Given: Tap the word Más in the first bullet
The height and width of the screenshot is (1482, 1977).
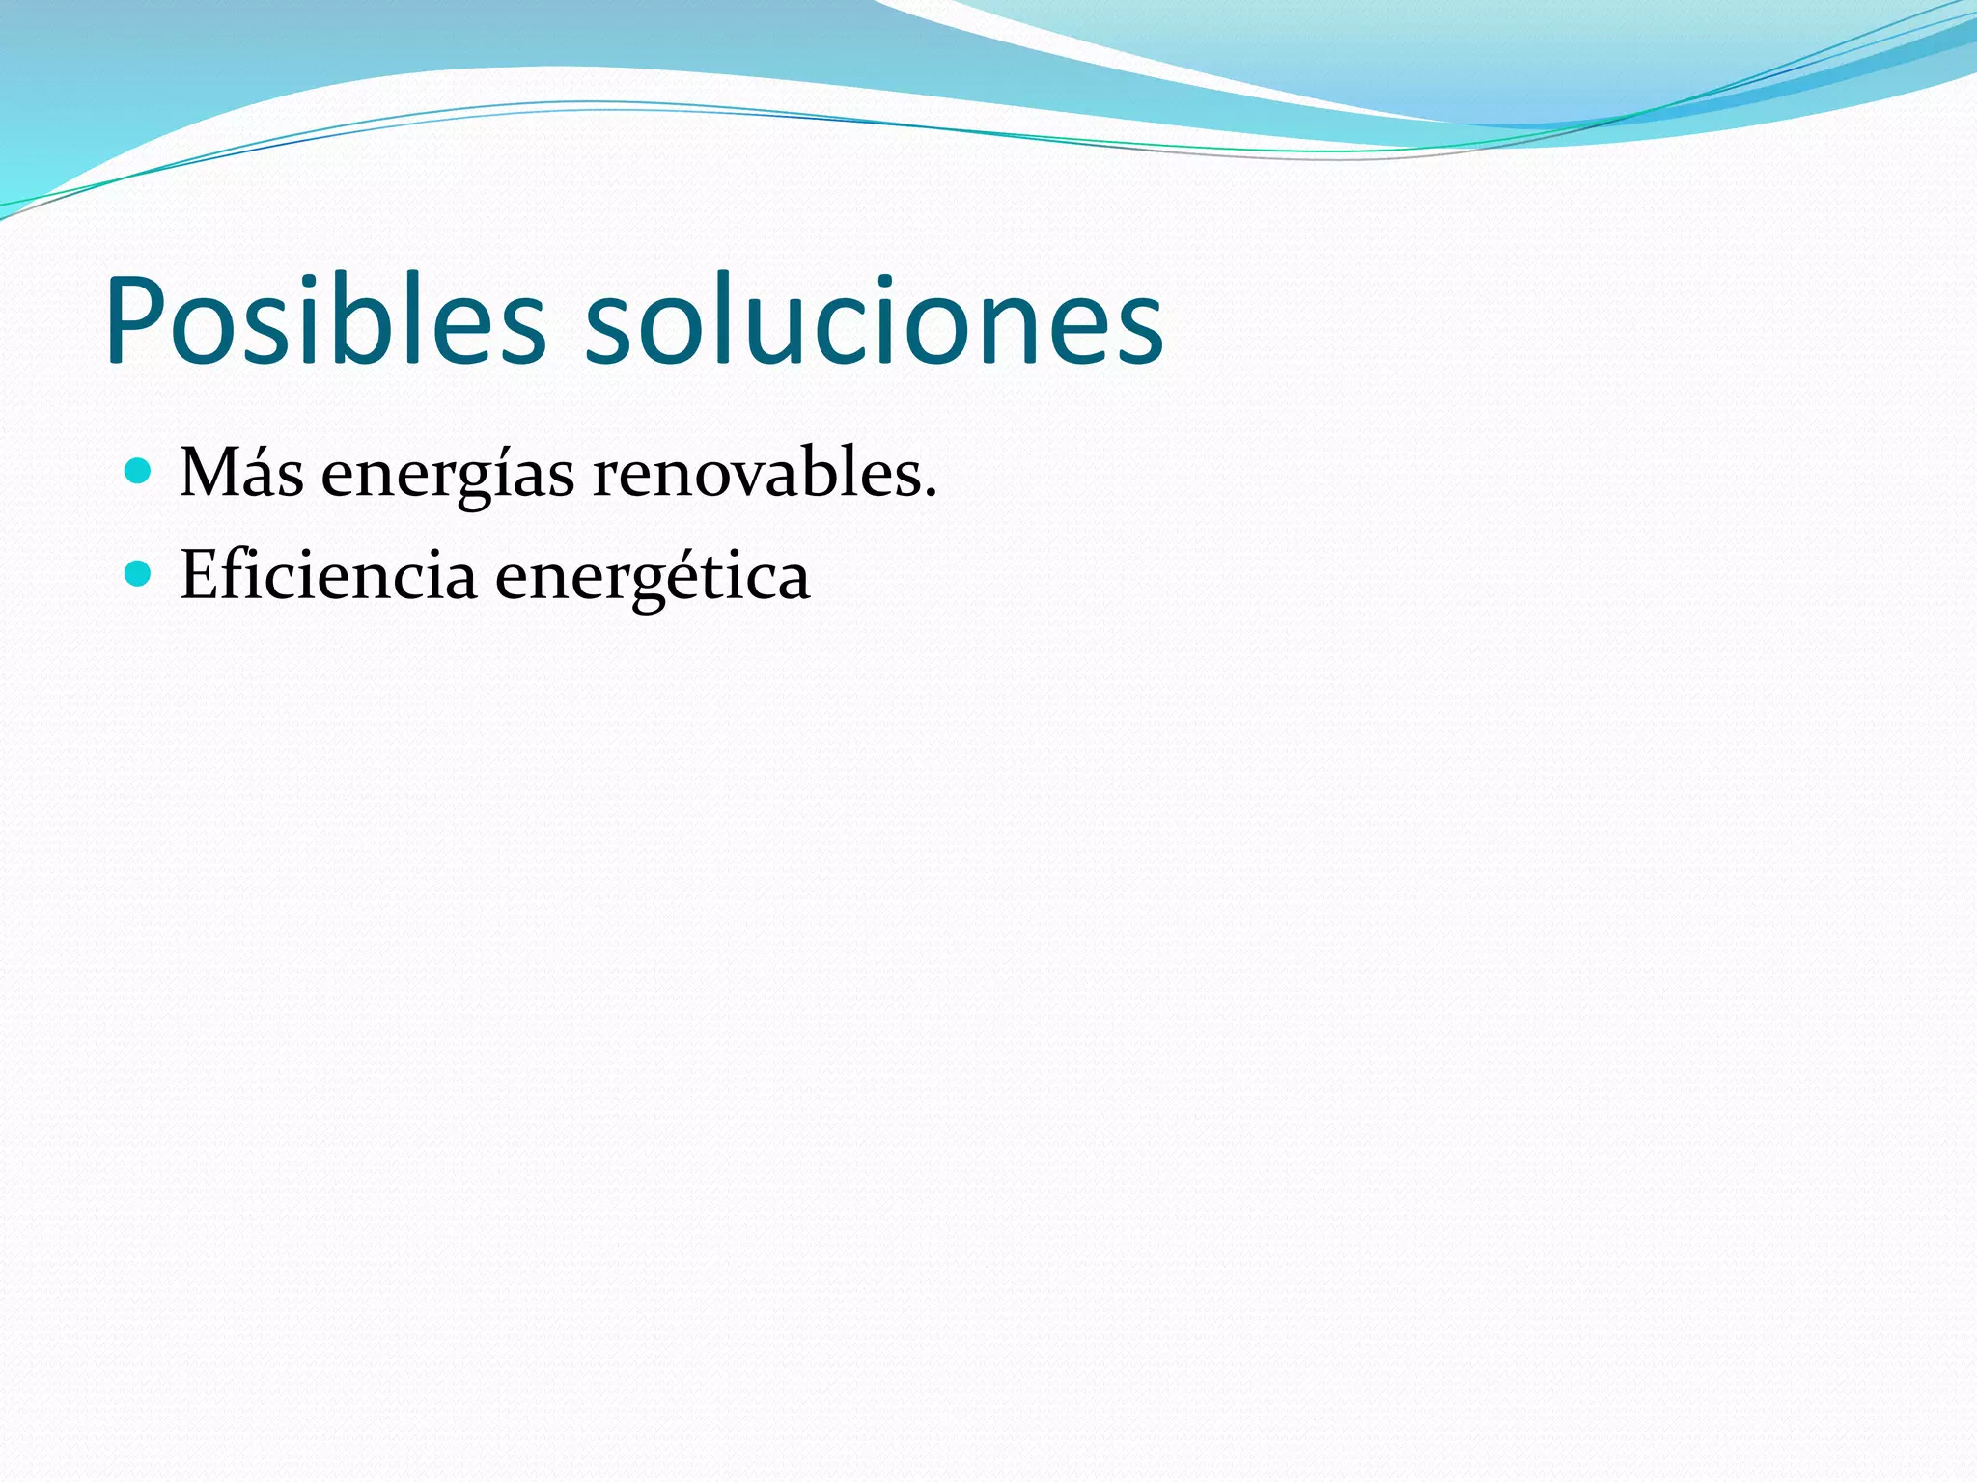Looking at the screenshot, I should tap(241, 473).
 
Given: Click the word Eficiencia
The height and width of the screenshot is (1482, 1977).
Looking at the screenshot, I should tap(328, 576).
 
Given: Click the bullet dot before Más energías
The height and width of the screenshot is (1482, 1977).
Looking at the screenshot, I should tap(139, 472).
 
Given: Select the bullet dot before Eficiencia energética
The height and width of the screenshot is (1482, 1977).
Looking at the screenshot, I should tap(139, 574).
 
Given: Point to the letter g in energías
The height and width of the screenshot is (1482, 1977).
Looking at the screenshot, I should tap(477, 482).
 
